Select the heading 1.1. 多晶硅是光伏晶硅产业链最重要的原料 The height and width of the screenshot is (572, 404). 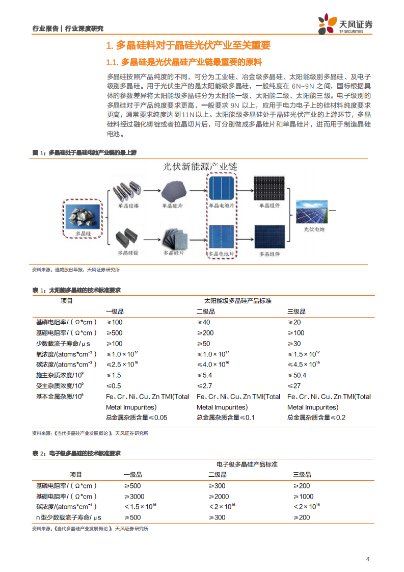[184, 62]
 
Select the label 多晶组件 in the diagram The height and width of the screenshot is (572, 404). [270, 253]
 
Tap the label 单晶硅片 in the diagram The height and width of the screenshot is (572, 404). [172, 206]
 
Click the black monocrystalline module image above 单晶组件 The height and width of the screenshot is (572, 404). [270, 189]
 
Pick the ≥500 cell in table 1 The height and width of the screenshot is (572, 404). [114, 333]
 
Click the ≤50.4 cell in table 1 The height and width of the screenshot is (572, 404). [297, 375]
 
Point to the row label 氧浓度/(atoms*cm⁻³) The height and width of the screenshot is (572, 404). [66, 354]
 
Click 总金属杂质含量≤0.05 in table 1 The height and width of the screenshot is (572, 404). [137, 418]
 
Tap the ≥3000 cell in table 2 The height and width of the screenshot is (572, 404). [134, 497]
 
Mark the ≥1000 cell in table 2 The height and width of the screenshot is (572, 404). [304, 497]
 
